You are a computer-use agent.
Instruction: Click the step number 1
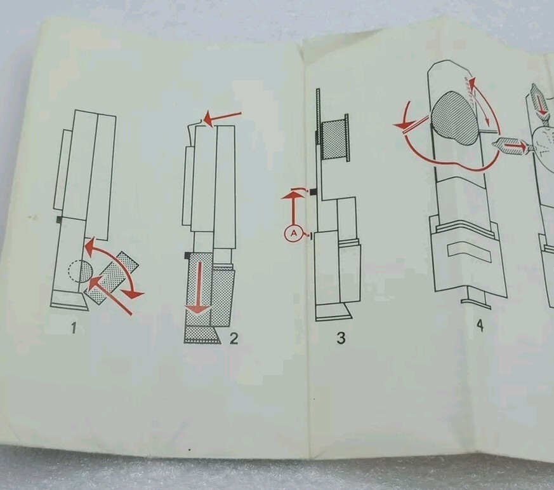click(74, 328)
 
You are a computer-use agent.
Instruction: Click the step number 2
click(234, 339)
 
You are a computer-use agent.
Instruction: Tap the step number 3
click(341, 338)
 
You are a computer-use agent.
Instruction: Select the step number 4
click(480, 325)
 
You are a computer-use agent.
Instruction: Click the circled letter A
click(294, 233)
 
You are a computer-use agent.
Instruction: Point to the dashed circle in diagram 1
click(80, 271)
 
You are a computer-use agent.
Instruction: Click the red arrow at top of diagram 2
click(222, 118)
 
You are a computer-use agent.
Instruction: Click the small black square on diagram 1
click(60, 219)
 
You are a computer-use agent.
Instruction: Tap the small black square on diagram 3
click(313, 192)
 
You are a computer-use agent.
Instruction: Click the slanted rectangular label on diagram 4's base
click(468, 252)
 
